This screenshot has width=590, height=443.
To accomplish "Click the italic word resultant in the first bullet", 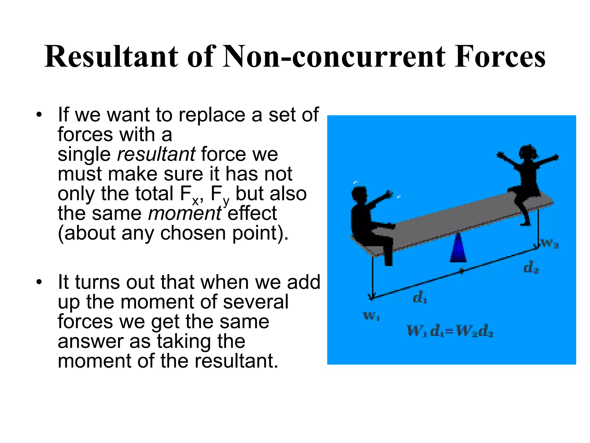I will click(x=156, y=154).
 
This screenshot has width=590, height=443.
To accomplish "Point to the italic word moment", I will click(x=184, y=213).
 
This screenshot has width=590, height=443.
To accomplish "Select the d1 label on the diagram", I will click(x=420, y=298).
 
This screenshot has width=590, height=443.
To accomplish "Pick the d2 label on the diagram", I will click(x=531, y=268).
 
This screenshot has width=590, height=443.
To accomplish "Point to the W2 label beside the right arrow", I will click(x=550, y=244).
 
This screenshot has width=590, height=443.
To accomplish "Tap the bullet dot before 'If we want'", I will click(x=39, y=115).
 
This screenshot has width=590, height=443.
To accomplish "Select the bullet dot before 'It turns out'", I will click(x=39, y=282).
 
